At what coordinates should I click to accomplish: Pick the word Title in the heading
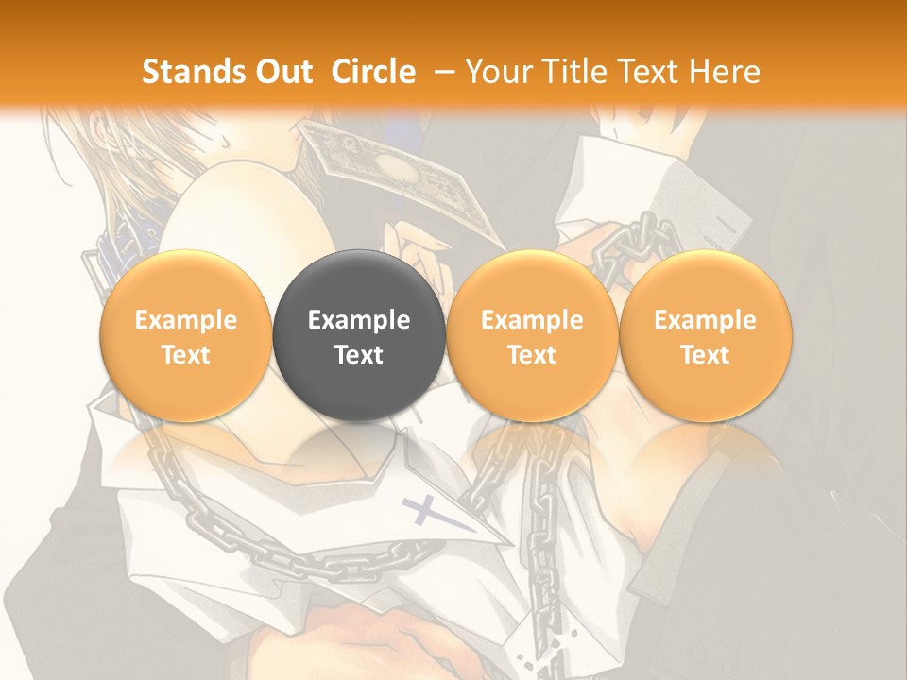coord(575,72)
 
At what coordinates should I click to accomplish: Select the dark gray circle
coord(359,336)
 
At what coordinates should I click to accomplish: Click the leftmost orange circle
coord(186,336)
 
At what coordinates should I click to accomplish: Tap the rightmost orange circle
coord(706,336)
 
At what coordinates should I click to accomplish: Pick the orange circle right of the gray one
coord(532,336)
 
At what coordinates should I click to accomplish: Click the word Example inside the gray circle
coord(359,320)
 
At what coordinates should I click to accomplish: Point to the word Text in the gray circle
coord(359,355)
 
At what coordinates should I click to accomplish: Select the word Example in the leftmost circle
coord(186,320)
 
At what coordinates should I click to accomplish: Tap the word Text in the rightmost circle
coord(706,355)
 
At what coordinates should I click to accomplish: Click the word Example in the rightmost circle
coord(706,320)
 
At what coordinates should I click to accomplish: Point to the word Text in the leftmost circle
coord(186,355)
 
